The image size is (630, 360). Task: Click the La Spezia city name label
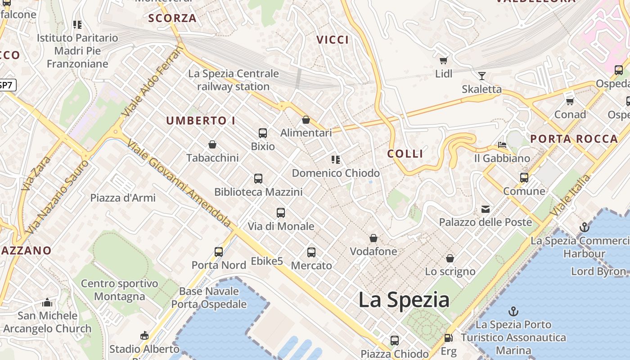[x=404, y=300]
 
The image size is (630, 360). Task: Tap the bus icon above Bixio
[x=263, y=133]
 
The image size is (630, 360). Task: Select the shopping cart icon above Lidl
[x=444, y=60]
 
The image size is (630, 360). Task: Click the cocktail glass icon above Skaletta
[x=482, y=76]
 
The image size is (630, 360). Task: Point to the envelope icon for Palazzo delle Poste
[x=486, y=209]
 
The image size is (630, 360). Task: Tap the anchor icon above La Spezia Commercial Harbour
[x=585, y=227]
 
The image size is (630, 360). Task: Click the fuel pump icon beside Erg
[x=448, y=338]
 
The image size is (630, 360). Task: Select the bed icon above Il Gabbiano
[x=502, y=145]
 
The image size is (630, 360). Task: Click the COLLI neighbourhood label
[x=405, y=154]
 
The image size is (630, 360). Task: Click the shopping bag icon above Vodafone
[x=373, y=238]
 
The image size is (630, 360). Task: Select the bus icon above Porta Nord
[x=219, y=252]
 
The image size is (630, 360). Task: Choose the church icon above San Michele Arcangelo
[x=47, y=302]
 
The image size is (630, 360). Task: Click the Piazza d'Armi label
[x=123, y=198]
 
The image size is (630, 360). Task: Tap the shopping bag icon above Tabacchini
[x=212, y=144]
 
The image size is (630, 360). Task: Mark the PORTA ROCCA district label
[x=574, y=139]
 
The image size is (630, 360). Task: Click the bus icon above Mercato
[x=311, y=252]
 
